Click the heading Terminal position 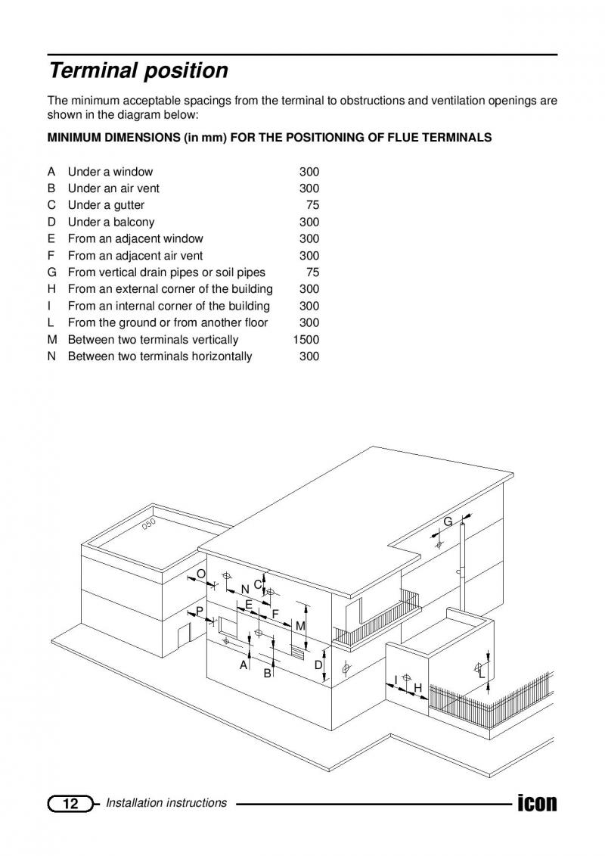click(x=138, y=71)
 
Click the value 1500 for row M click(x=306, y=340)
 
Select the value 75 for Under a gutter click(x=312, y=205)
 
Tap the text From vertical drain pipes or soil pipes click(x=166, y=272)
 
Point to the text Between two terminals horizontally click(x=160, y=356)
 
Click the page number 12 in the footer click(x=71, y=804)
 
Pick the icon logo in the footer click(x=538, y=802)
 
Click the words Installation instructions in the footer click(x=166, y=803)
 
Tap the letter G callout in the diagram click(x=448, y=521)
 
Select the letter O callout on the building click(x=200, y=574)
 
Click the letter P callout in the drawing click(x=200, y=611)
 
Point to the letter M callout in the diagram click(x=300, y=626)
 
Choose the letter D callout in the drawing click(x=318, y=665)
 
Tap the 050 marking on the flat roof click(x=149, y=524)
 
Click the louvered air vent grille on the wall click(x=298, y=652)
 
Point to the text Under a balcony click(x=111, y=223)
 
